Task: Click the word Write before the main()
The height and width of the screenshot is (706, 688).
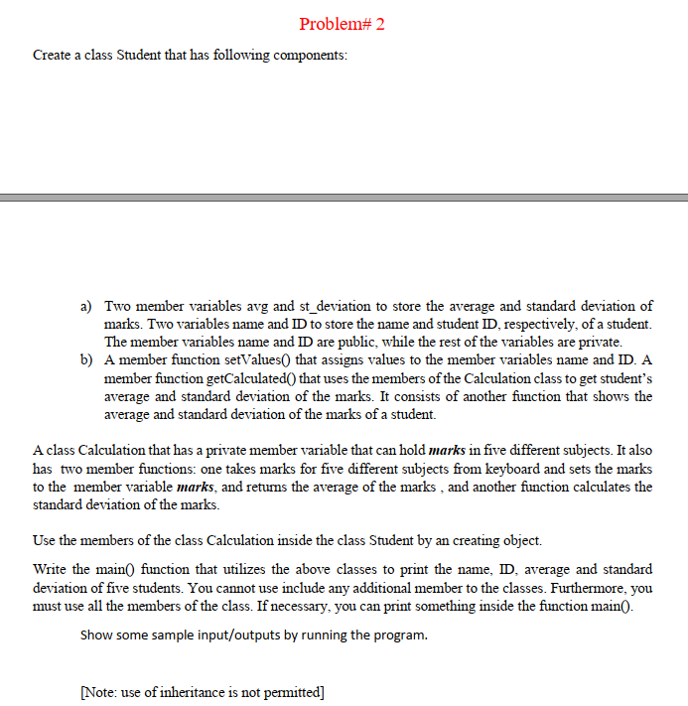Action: [x=52, y=569]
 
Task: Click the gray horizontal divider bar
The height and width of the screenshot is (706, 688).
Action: [x=344, y=198]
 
